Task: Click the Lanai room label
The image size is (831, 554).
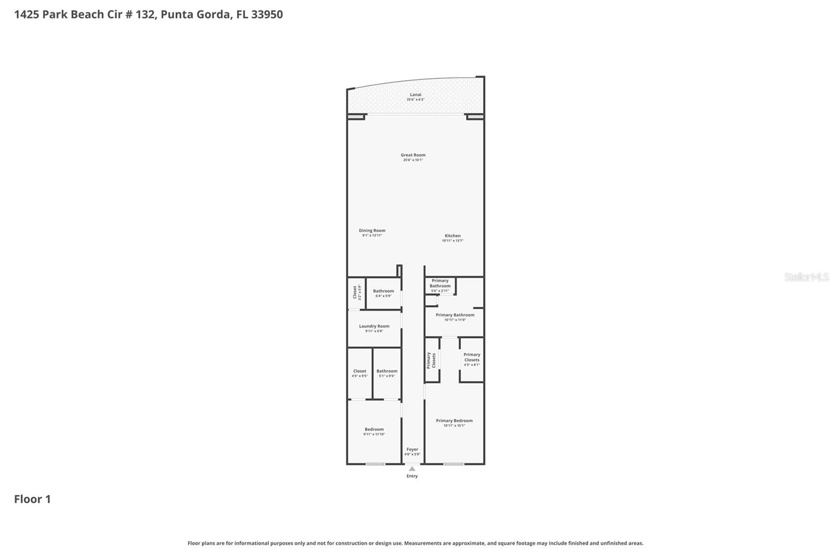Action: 415,95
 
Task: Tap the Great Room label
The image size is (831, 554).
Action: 413,155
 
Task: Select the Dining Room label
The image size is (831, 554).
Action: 372,231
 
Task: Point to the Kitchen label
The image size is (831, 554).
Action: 452,236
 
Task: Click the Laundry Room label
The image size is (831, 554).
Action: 374,326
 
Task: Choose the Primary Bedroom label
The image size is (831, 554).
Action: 454,421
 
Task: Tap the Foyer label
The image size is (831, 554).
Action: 412,450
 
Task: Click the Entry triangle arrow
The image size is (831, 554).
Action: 412,469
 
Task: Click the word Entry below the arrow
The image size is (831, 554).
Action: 412,476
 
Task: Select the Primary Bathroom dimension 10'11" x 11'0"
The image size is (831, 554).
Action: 455,320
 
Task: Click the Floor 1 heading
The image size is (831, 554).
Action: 32,499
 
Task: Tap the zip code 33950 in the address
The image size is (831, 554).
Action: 267,14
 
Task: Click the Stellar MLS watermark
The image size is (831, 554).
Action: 806,277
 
